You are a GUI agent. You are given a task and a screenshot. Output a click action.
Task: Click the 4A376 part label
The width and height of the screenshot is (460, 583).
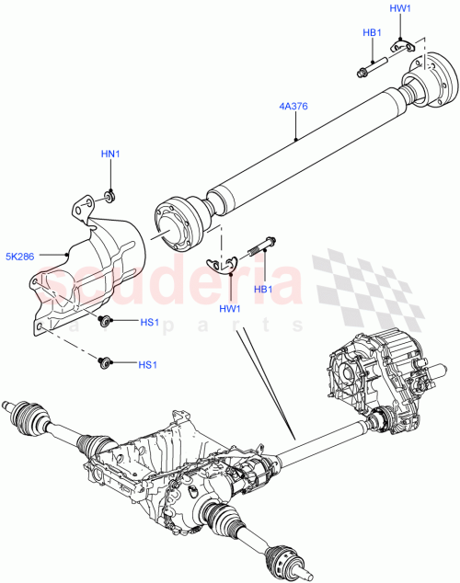(293, 106)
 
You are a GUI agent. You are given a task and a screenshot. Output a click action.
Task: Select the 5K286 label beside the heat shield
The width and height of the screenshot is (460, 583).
(21, 257)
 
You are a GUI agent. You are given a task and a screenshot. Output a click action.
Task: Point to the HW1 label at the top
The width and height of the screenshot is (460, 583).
(400, 8)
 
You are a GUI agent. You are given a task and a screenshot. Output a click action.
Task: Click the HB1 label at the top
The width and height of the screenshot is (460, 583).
(372, 32)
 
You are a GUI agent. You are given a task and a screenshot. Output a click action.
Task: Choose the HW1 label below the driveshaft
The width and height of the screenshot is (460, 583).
(229, 307)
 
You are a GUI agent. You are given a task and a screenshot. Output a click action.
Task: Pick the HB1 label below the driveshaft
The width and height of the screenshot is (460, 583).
(265, 288)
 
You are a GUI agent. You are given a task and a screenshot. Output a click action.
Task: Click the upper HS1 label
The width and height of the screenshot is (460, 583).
(148, 323)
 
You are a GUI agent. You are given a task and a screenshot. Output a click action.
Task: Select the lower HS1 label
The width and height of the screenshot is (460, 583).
(148, 365)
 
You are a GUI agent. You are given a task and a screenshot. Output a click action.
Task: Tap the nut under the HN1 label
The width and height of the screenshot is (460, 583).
(110, 194)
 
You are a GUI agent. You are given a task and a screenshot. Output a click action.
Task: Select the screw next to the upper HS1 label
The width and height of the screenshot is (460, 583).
(107, 320)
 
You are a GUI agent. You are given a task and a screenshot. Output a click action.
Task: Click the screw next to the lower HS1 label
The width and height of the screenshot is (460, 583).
(106, 362)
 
